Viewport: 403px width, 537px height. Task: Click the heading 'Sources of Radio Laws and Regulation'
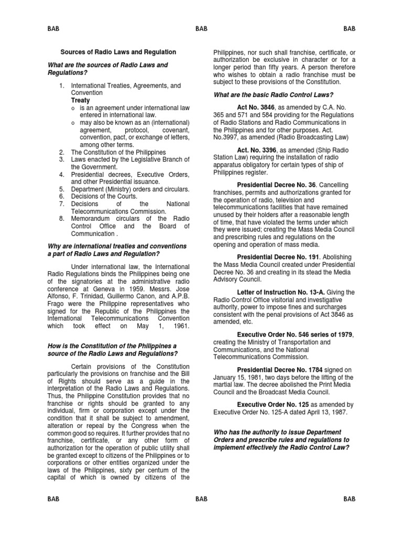pyautogui.click(x=118, y=52)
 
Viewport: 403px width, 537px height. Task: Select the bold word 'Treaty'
pyautogui.click(x=80, y=100)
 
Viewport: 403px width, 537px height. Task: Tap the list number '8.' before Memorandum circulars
pyautogui.click(x=61, y=219)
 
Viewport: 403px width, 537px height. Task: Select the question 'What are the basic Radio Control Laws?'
pyautogui.click(x=273, y=94)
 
